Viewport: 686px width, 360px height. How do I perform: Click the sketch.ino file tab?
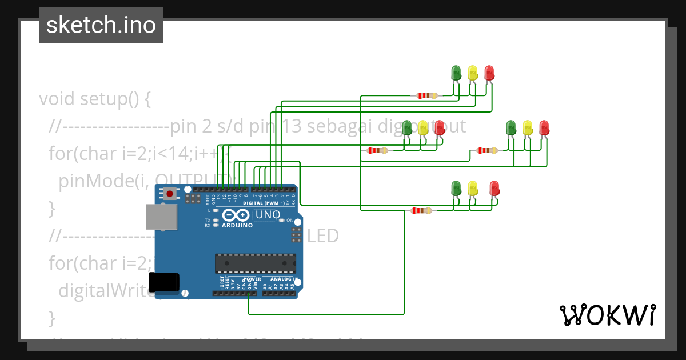[x=101, y=25]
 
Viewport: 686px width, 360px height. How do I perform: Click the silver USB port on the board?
[x=161, y=217]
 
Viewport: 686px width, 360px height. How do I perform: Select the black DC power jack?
[x=164, y=282]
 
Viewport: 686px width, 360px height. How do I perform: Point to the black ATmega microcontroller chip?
[x=256, y=263]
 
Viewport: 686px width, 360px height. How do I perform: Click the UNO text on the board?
[x=268, y=215]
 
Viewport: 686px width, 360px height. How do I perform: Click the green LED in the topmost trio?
[x=456, y=73]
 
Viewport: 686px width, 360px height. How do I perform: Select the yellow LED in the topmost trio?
[x=473, y=73]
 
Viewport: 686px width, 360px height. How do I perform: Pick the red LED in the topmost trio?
[x=489, y=73]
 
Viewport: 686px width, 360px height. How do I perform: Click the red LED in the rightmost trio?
[x=544, y=127]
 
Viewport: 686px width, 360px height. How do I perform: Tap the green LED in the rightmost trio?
[x=511, y=127]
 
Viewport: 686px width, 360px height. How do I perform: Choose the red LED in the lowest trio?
[x=494, y=188]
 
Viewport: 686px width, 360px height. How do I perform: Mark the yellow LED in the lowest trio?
[x=473, y=188]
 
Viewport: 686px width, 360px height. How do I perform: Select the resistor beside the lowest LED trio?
[x=421, y=211]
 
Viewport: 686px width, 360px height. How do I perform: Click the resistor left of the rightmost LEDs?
[x=486, y=151]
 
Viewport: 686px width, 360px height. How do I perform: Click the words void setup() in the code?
[x=95, y=99]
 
